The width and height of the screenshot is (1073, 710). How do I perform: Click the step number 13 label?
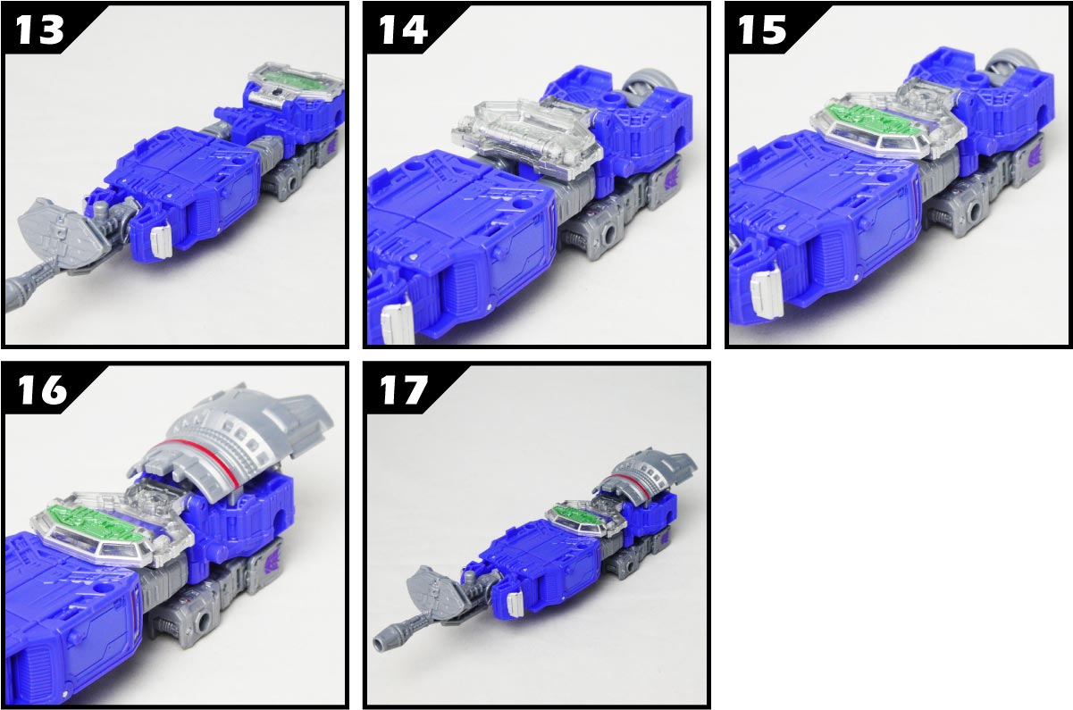(x=40, y=30)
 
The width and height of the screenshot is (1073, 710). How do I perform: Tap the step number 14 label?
(x=403, y=30)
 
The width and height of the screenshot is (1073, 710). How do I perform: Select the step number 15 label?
(x=762, y=30)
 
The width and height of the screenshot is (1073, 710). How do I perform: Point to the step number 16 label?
(x=42, y=389)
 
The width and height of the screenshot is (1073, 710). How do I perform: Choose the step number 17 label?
(x=403, y=389)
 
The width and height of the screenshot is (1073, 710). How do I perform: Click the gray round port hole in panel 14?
(x=610, y=235)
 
